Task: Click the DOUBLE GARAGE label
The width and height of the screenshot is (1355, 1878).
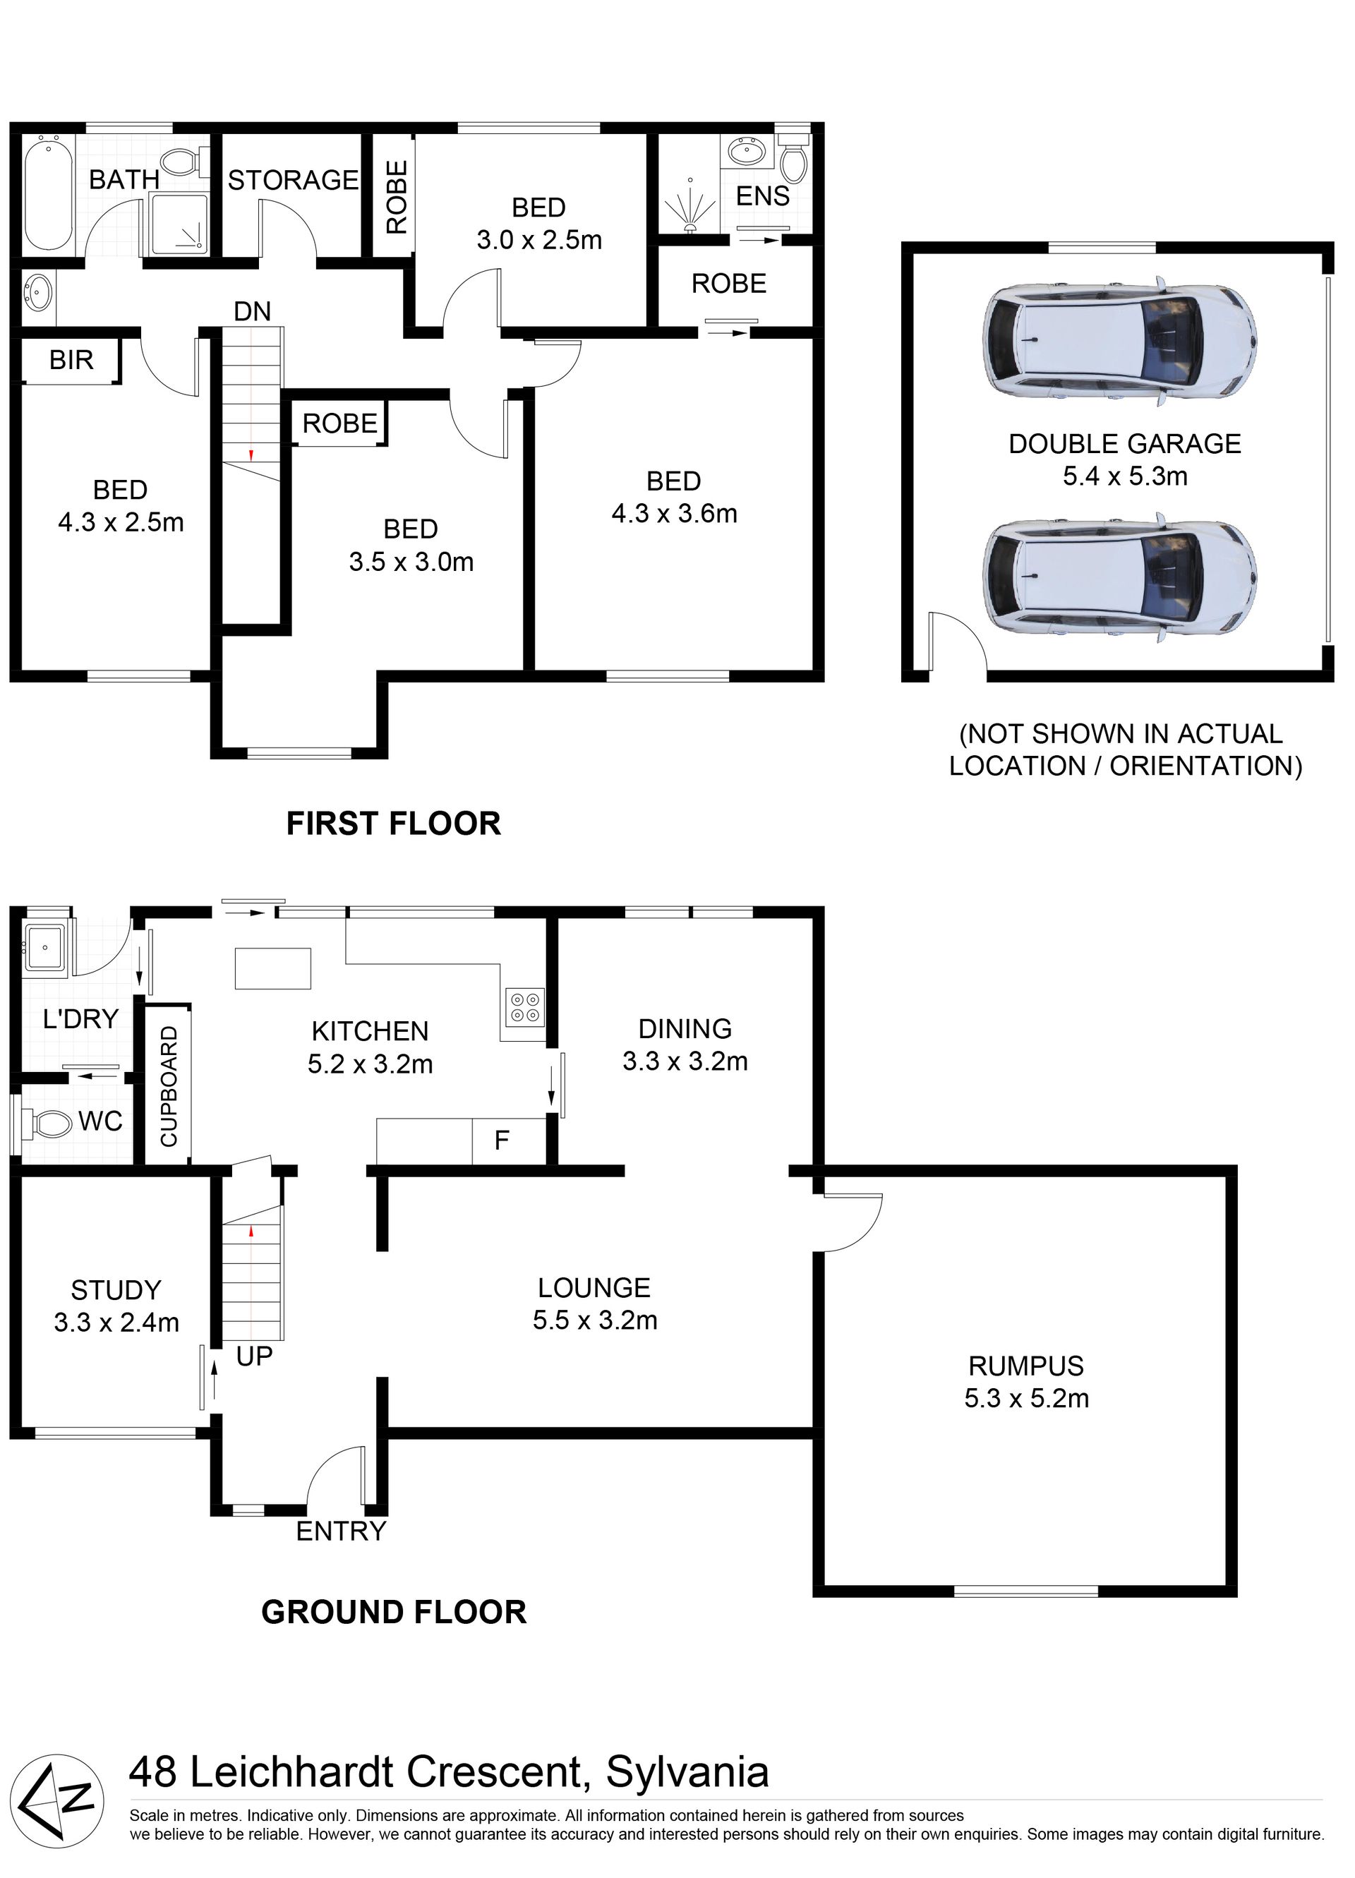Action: tap(1124, 444)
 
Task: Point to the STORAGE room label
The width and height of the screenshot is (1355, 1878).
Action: tap(293, 180)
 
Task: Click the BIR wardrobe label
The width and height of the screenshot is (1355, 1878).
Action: tap(71, 360)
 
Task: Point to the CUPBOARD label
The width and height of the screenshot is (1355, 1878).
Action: tap(169, 1086)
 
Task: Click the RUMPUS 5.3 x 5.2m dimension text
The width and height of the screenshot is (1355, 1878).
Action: tap(1026, 1399)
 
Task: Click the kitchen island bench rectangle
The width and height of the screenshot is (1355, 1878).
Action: tap(273, 969)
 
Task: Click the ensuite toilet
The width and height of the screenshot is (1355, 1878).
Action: tap(793, 159)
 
